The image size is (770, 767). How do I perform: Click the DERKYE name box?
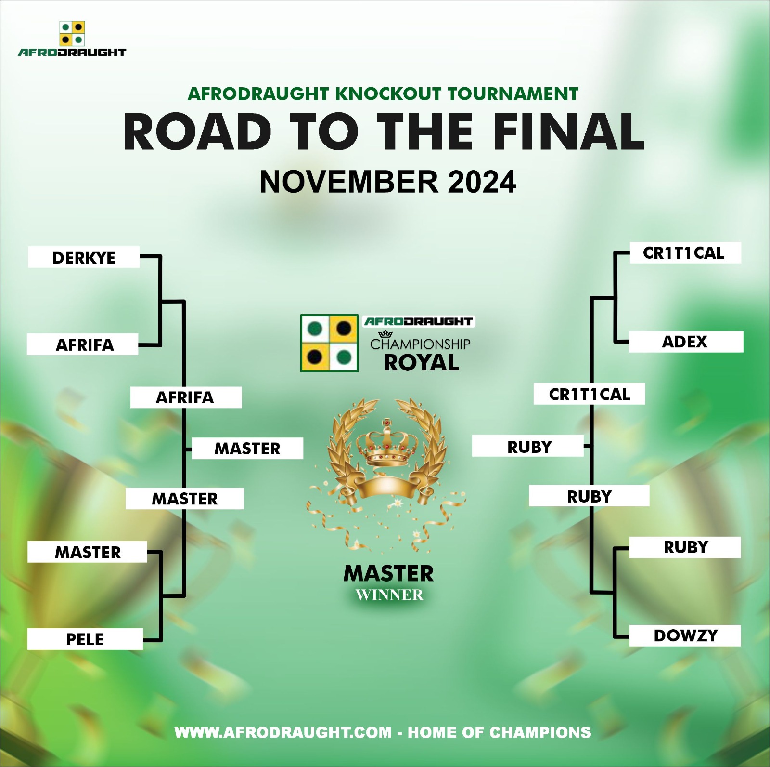tap(84, 257)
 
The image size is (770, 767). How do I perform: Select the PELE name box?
tap(85, 639)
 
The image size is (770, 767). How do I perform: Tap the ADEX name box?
tap(686, 342)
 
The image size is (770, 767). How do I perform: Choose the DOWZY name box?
tap(685, 635)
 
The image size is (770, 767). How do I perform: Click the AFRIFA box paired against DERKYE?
tap(82, 344)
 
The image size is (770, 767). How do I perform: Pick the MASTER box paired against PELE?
tap(87, 552)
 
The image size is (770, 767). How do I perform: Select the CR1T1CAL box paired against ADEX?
tap(685, 252)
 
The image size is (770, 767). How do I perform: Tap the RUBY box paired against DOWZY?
tap(685, 547)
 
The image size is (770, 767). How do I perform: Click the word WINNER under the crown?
tap(389, 595)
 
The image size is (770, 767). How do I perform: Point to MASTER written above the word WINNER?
tap(388, 573)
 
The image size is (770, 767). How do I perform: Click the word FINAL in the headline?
tap(568, 132)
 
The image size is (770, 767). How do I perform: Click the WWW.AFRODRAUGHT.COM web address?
tap(283, 732)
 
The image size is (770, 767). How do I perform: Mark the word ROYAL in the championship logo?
tap(422, 363)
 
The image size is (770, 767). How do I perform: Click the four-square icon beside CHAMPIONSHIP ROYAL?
tap(329, 343)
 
